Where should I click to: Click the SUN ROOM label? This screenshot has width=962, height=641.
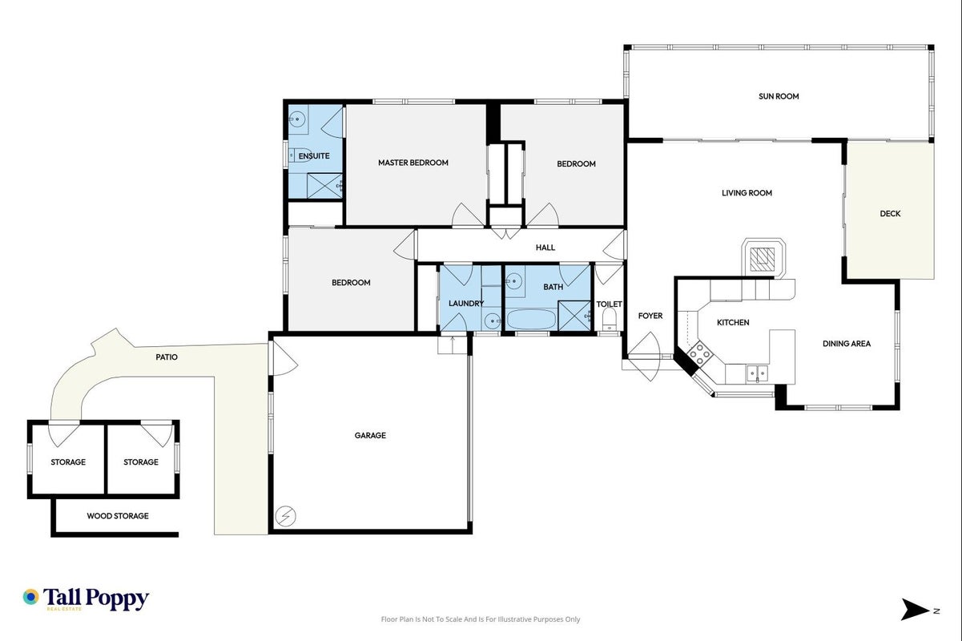point(779,96)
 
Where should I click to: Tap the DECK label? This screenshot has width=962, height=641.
point(890,213)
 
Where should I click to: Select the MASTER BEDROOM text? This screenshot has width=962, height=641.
point(413,163)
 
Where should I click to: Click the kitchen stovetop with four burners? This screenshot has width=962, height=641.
point(699,353)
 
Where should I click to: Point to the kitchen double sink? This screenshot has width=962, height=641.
point(757,373)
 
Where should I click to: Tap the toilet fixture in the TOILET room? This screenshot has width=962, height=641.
point(609,319)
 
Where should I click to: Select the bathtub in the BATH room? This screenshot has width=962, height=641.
point(532,320)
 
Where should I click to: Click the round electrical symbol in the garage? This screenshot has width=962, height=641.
point(286,516)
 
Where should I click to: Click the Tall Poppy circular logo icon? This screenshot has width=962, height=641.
point(31,597)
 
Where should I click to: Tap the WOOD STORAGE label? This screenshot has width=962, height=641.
point(118,515)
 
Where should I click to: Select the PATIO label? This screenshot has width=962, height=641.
point(167,357)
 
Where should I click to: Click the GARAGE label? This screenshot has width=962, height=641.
point(370,435)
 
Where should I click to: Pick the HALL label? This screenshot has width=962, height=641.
point(545,247)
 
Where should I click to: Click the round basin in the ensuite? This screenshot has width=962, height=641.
point(296,119)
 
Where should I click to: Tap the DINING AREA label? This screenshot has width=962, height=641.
point(847,343)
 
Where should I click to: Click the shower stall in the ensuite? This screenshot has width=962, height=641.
point(324,186)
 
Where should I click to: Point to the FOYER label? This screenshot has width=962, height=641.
point(650,316)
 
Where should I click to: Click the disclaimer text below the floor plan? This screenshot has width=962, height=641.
point(481,619)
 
